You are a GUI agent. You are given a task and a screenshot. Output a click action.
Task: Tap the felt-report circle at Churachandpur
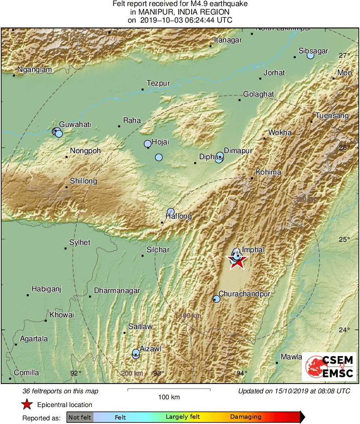click(216, 299)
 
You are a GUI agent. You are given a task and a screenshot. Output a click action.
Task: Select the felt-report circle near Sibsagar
click(310, 55)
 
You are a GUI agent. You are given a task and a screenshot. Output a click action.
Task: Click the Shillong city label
click(83, 181)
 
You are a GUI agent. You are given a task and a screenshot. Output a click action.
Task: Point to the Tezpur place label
click(158, 83)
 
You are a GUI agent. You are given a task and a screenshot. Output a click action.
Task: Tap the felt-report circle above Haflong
click(171, 211)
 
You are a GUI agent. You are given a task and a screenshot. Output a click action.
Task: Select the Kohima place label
click(268, 172)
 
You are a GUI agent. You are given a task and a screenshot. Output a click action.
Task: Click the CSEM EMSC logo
click(329, 366)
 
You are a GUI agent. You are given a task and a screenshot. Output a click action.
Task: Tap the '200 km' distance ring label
click(131, 373)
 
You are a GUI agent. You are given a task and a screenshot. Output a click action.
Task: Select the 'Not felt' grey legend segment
click(80, 417)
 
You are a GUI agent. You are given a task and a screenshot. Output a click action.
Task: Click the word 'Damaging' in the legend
click(246, 417)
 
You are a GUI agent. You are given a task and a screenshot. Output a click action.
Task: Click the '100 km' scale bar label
click(169, 397)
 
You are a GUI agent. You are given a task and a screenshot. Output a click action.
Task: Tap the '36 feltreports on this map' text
click(60, 391)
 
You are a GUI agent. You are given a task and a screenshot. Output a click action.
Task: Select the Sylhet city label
click(80, 243)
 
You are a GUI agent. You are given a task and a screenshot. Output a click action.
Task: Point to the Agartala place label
click(34, 339)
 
